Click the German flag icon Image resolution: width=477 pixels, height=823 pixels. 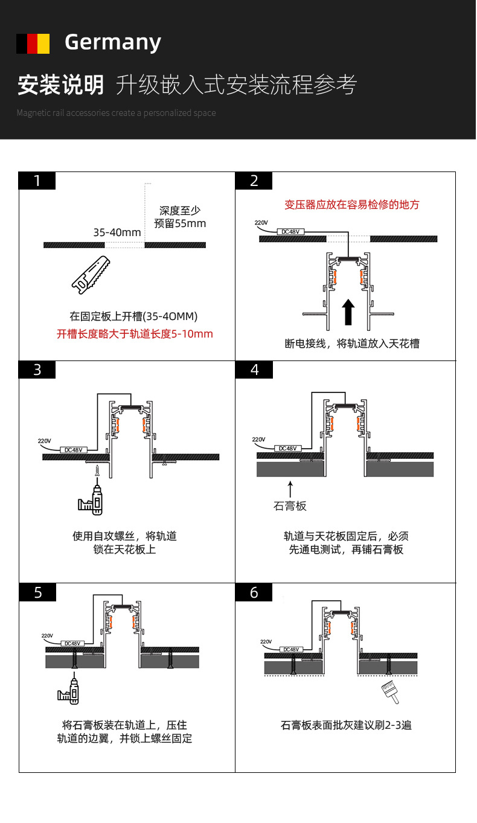[x=33, y=43]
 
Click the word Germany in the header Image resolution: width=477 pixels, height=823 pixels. [x=113, y=43]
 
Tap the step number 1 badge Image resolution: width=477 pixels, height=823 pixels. [x=37, y=181]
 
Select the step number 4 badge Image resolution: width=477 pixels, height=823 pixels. [x=254, y=370]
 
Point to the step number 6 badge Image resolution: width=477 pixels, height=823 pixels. [x=254, y=593]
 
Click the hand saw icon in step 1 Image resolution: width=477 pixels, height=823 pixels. [x=91, y=274]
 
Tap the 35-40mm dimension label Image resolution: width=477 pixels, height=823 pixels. [x=117, y=232]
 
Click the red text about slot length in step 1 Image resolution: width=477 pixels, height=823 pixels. [x=135, y=334]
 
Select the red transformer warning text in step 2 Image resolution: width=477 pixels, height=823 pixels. [x=351, y=205]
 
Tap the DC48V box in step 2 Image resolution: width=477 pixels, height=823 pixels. [x=290, y=231]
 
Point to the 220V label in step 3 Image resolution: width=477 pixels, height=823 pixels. [x=45, y=441]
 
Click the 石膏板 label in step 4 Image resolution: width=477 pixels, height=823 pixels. [x=290, y=506]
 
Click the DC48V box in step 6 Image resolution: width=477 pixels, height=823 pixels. [x=291, y=650]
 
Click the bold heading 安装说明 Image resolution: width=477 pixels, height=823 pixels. [x=60, y=85]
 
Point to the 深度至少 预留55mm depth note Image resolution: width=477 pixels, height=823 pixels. [x=180, y=217]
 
